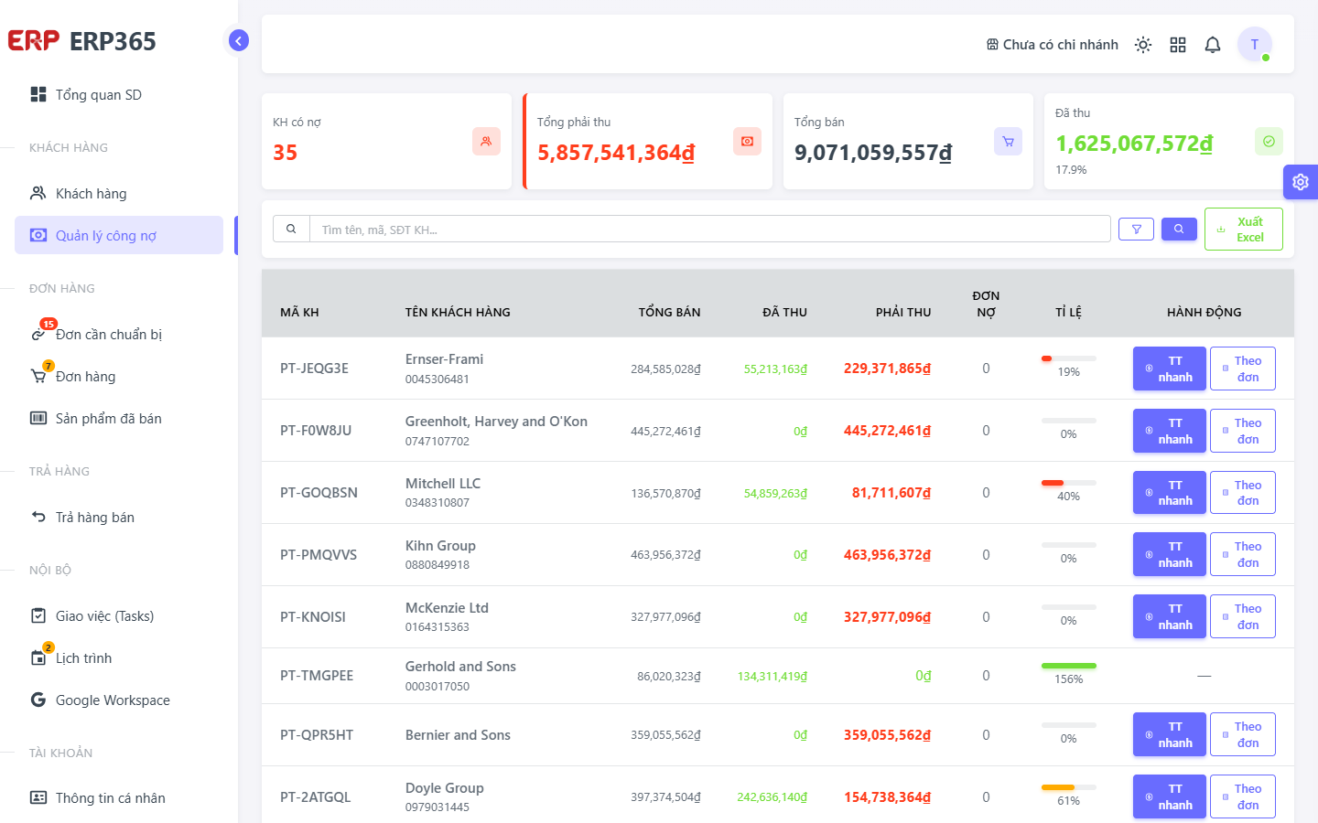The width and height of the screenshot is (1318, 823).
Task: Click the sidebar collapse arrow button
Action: (x=238, y=40)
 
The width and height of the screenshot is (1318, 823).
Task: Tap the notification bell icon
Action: (x=1212, y=45)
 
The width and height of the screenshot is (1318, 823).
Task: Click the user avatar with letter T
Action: (x=1255, y=44)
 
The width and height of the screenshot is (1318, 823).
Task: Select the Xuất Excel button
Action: (x=1243, y=230)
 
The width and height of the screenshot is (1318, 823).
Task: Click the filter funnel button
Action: (x=1136, y=230)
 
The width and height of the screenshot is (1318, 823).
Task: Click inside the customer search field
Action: (x=709, y=230)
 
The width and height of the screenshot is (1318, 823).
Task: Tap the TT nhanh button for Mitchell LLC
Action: (x=1169, y=493)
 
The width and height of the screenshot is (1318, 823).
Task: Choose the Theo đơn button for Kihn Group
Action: (x=1243, y=554)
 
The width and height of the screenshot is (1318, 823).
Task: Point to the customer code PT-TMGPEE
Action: (x=317, y=676)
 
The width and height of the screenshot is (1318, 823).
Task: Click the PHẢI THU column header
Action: (x=903, y=312)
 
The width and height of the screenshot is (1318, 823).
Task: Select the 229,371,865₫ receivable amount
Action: (x=887, y=369)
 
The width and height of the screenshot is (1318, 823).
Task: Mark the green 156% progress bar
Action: (x=1068, y=666)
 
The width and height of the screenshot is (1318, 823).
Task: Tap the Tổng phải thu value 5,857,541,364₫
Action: (x=616, y=153)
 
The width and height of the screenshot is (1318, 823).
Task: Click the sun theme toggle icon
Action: (x=1142, y=45)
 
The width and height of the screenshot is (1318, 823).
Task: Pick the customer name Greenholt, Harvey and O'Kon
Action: (x=496, y=422)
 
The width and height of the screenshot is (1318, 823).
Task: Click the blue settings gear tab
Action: (x=1301, y=182)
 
